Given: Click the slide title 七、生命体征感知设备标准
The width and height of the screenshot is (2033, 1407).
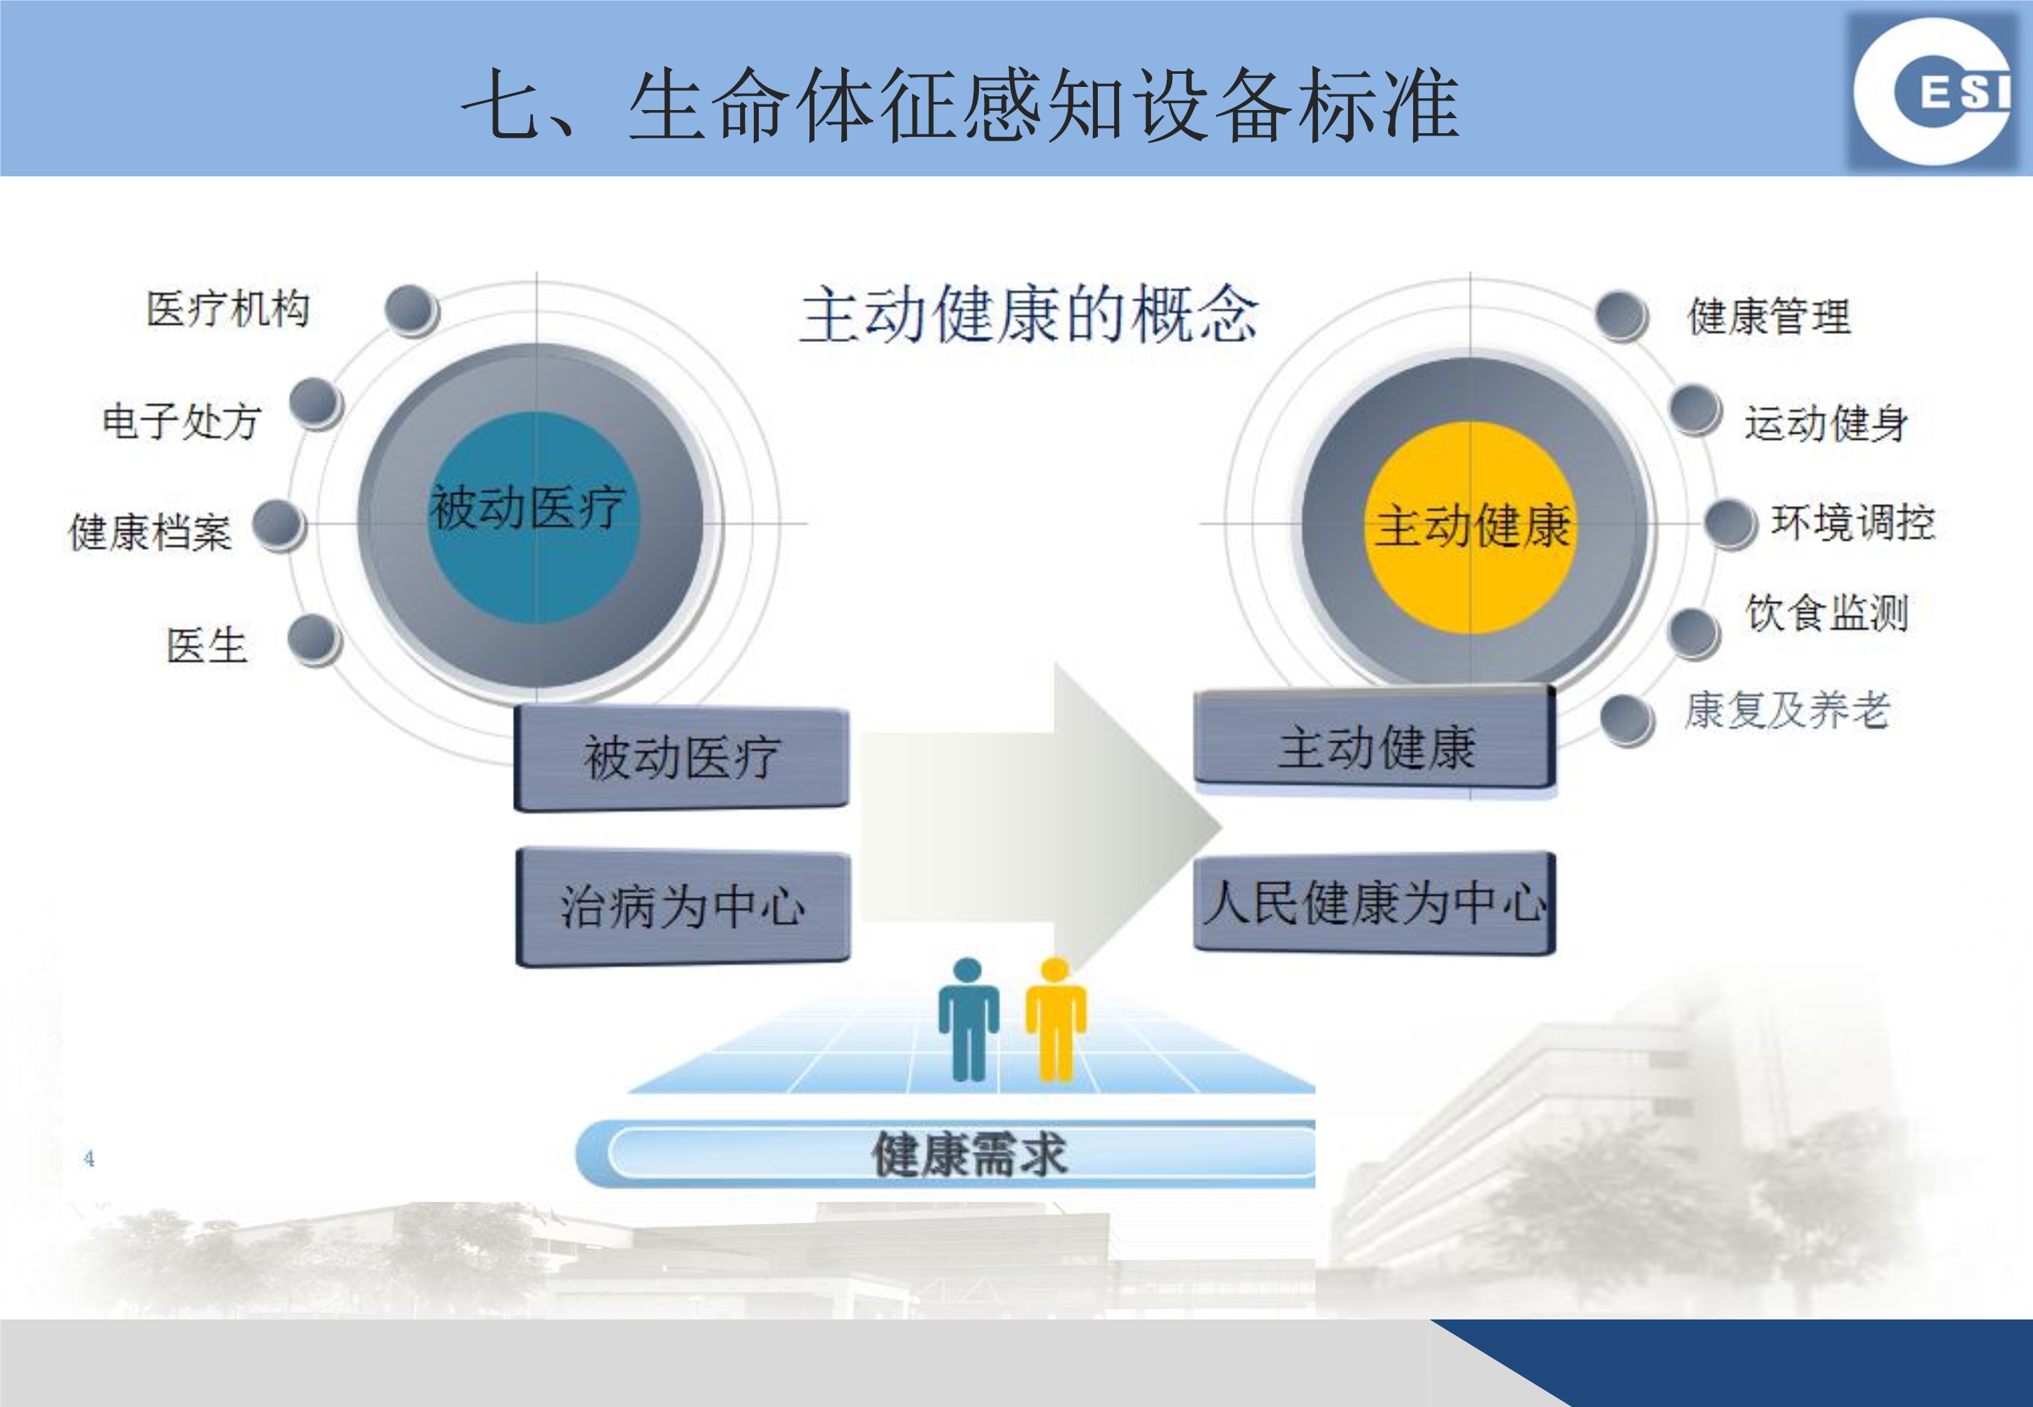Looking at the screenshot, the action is (x=961, y=106).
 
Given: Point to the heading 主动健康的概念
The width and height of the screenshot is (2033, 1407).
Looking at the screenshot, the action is (x=1029, y=314).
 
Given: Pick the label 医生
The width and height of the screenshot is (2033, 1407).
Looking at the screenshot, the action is (x=207, y=645).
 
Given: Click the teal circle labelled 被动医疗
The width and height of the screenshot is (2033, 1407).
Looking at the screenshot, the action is (x=534, y=518).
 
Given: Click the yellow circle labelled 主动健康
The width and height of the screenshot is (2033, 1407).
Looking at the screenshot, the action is (x=1469, y=527).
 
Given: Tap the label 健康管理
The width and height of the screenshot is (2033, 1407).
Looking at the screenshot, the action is (x=1768, y=316).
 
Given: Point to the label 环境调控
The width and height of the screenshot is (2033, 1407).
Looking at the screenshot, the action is (x=1853, y=522).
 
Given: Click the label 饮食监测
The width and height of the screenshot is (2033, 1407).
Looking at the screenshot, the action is (x=1827, y=613).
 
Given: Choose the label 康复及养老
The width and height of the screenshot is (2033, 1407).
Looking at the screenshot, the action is (x=1787, y=710).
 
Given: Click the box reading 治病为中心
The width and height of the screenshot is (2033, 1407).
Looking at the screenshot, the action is (x=682, y=906).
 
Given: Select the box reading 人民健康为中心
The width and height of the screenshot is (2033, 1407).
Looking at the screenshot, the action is (x=1374, y=902).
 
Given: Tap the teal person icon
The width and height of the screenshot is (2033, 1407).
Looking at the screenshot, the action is (x=968, y=1019).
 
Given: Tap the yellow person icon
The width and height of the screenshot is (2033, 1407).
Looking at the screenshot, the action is (x=1055, y=1019).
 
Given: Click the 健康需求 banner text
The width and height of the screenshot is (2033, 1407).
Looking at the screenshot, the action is (x=969, y=1154).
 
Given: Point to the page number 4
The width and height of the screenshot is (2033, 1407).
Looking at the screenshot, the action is (x=89, y=1157).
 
